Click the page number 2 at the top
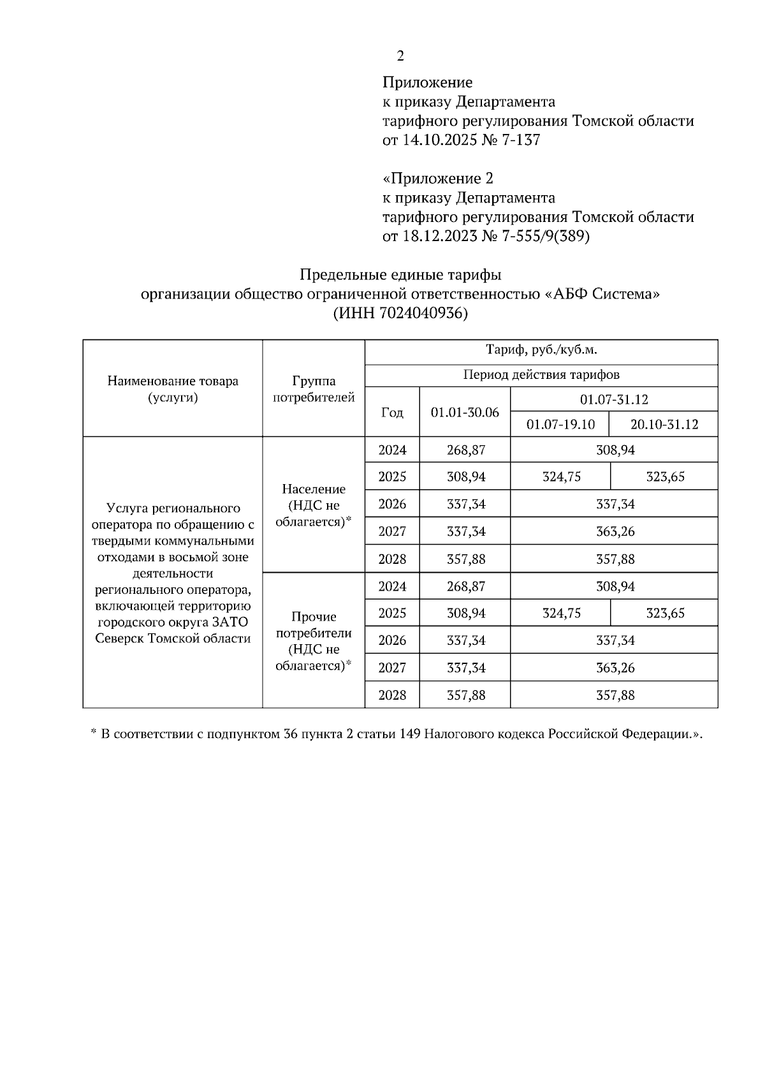[400, 57]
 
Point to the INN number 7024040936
[420, 314]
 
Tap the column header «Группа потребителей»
[314, 389]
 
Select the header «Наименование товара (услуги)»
[173, 389]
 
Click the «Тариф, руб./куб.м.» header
[541, 350]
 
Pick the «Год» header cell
[392, 413]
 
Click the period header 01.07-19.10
[560, 425]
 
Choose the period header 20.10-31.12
[664, 425]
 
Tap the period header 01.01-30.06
[465, 413]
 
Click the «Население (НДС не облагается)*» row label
[314, 505]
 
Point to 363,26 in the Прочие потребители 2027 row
[615, 668]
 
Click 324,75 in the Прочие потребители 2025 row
[562, 614]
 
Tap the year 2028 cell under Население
[392, 559]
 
